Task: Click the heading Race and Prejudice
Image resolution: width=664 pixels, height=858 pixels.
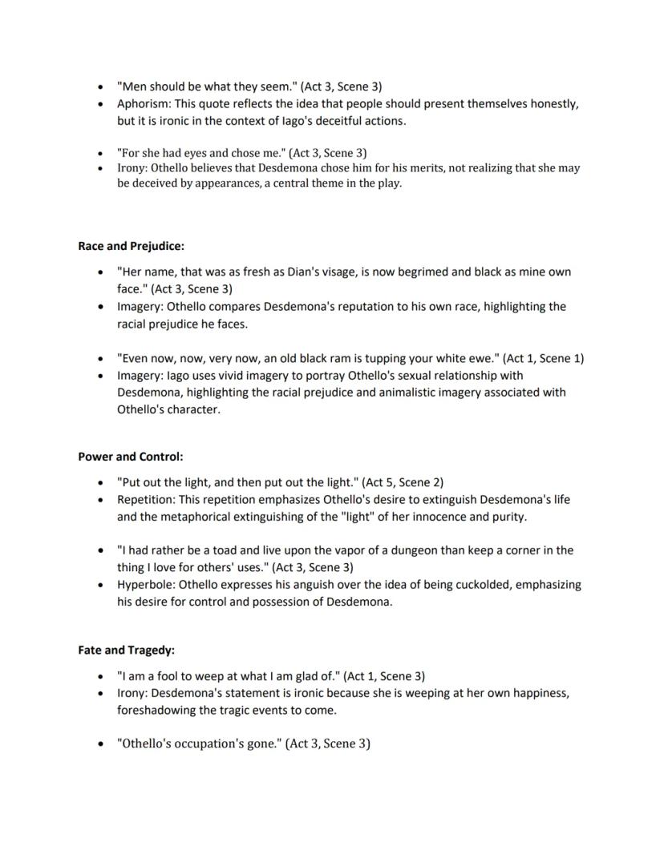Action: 131,246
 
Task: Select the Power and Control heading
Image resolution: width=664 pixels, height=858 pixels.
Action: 131,457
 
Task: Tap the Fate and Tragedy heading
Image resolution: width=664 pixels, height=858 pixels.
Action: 126,651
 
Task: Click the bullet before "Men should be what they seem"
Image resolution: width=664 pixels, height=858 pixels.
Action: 99,87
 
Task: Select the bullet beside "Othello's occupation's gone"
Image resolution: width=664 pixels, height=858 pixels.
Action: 99,745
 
